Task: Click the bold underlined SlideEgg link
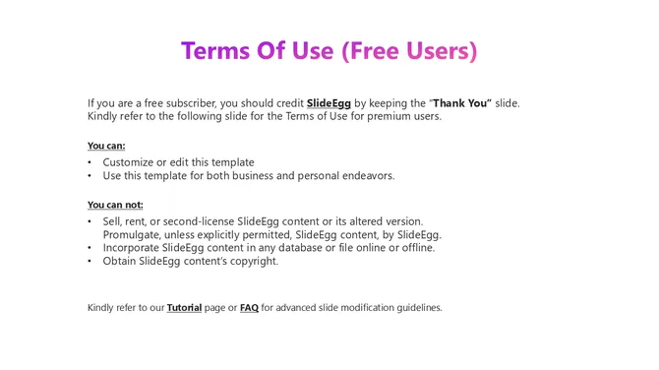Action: pos(329,102)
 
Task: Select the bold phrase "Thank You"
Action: pos(461,102)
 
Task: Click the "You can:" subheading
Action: pos(106,146)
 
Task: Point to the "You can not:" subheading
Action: pos(115,205)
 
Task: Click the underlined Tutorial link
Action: pos(184,307)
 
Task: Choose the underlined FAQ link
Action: pos(249,307)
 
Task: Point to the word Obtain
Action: pos(120,261)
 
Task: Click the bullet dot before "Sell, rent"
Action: pos(90,221)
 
